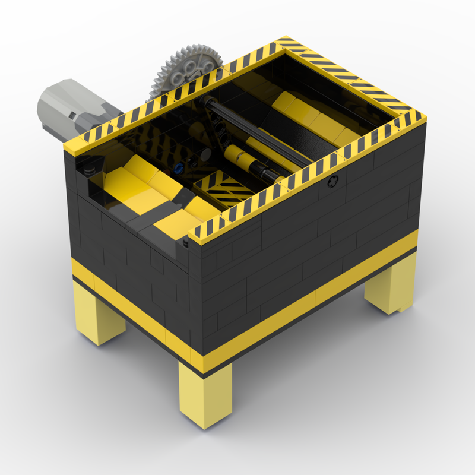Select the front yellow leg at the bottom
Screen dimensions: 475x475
pyautogui.click(x=205, y=395)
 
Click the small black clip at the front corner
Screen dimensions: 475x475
pyautogui.click(x=186, y=243)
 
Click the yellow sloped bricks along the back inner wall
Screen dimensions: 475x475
pyautogui.click(x=309, y=116)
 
